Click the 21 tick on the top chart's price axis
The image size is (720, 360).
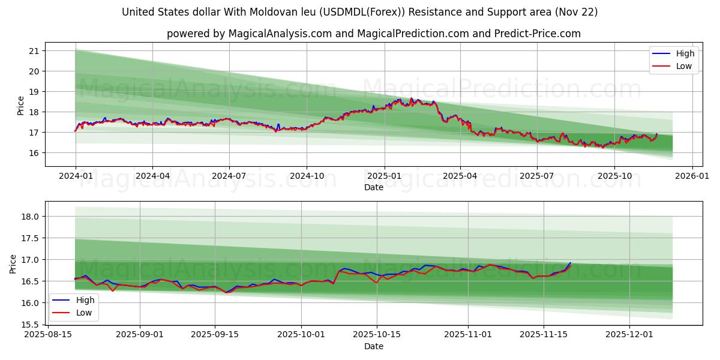[34, 51]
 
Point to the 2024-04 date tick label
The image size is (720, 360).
[152, 176]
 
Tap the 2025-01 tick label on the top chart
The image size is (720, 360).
[384, 176]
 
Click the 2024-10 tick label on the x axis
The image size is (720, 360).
[307, 176]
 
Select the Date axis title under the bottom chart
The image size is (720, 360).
[373, 346]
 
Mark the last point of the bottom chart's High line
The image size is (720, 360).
[571, 262]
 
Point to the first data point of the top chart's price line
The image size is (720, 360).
[75, 130]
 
